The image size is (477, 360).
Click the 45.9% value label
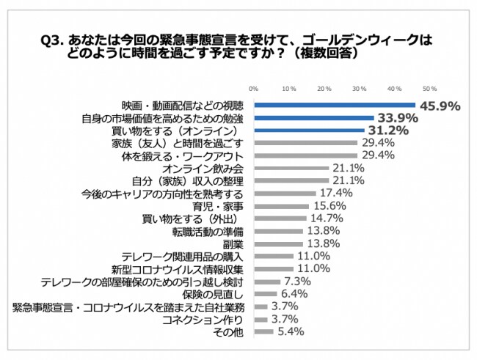tap(440, 106)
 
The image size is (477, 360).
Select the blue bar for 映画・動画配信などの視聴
tap(335, 106)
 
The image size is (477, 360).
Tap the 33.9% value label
tap(397, 118)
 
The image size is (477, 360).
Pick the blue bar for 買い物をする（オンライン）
tap(308, 131)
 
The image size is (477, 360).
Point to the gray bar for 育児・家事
tap(280, 206)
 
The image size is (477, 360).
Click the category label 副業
tap(233, 243)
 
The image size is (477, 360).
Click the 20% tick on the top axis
tap(324, 88)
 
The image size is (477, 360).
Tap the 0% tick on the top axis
tap(253, 88)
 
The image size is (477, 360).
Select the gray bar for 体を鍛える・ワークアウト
tap(305, 155)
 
